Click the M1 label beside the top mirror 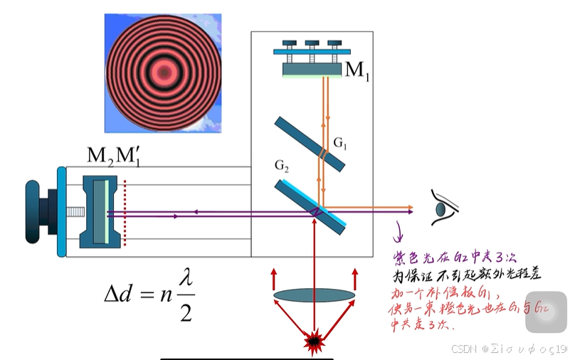coord(357,70)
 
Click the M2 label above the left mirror coord(100,155)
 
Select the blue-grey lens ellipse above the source coord(314,295)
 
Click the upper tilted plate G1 coord(310,144)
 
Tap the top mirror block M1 coord(312,70)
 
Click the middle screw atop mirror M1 coord(312,45)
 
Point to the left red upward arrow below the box coord(274,279)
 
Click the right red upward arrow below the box coord(354,279)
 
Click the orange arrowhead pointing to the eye coord(410,208)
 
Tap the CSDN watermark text coord(463,349)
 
